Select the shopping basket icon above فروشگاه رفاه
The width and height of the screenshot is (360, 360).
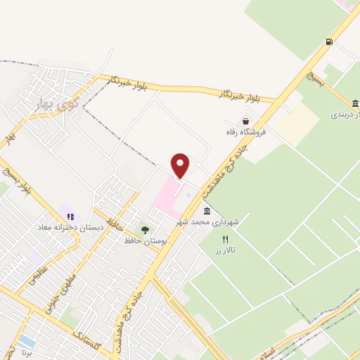click(245, 120)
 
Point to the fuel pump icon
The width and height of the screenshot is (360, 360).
click(329, 42)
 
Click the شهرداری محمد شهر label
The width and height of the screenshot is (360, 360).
click(210, 221)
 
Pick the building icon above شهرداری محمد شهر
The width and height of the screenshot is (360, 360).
click(207, 211)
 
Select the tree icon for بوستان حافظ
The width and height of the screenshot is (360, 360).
click(145, 230)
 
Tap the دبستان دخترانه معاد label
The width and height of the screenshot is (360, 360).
click(70, 228)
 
